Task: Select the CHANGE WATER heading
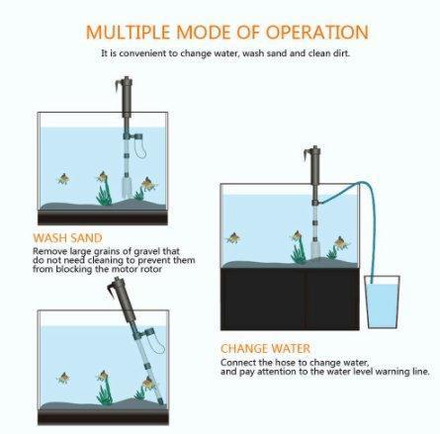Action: point(264,349)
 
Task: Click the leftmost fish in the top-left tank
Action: point(63,179)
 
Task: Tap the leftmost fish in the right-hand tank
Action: point(234,238)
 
